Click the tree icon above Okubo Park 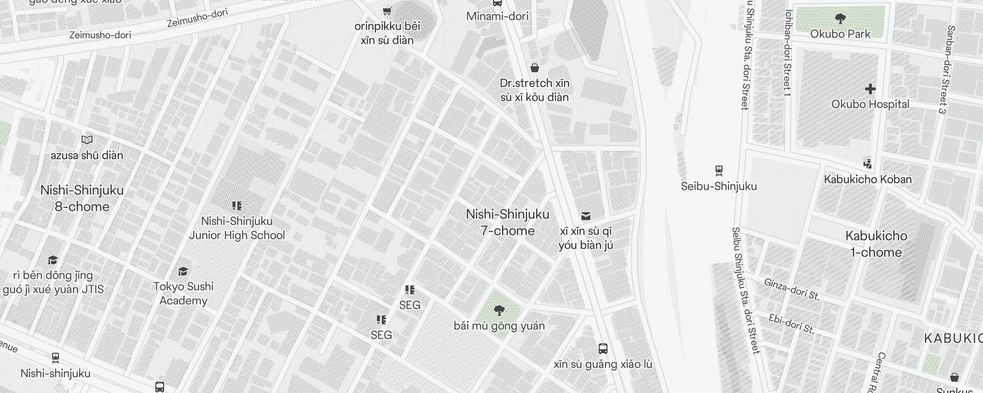(x=840, y=19)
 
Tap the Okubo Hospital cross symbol (x=870, y=89)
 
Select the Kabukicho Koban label (x=867, y=179)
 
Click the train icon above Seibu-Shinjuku (x=719, y=171)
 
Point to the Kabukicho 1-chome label (x=876, y=244)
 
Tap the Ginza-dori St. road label (x=791, y=288)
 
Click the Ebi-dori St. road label (x=791, y=324)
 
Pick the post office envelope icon (x=585, y=216)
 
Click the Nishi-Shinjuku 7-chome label (x=507, y=223)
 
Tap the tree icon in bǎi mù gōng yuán (x=499, y=310)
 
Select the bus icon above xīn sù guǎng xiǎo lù (x=603, y=349)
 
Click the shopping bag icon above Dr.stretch (x=535, y=68)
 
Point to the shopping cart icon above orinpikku (x=387, y=11)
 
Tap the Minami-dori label (x=497, y=16)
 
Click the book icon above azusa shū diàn (x=87, y=140)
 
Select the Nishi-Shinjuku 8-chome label (x=82, y=198)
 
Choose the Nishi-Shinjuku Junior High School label (x=237, y=228)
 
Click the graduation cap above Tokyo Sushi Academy (x=183, y=271)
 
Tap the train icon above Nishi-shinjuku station (x=56, y=358)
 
